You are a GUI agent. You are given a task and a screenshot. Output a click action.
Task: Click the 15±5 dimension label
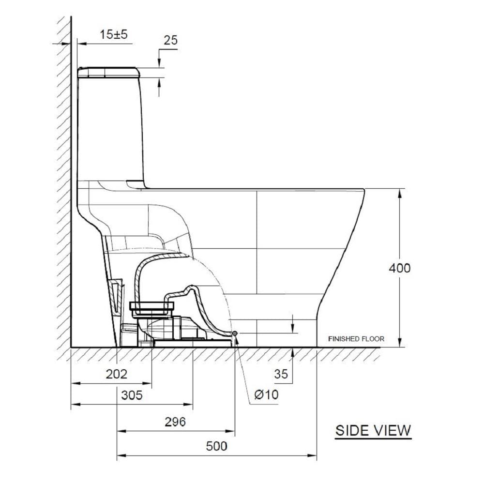[113, 34]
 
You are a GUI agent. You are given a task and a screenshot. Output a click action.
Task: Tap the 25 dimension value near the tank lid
[171, 40]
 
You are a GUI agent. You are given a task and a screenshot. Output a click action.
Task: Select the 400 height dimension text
[399, 268]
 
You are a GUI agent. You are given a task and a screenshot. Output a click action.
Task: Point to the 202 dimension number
[116, 374]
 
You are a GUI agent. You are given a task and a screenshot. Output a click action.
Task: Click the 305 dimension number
[132, 395]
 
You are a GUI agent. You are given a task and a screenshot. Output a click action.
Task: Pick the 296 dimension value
[175, 422]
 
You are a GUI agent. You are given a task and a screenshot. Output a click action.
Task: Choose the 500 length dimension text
[216, 446]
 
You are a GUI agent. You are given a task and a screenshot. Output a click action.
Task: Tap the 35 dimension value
[281, 374]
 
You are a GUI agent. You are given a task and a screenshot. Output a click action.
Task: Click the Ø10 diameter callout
[266, 394]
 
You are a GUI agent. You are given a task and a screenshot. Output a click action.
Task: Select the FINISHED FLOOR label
[356, 339]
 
